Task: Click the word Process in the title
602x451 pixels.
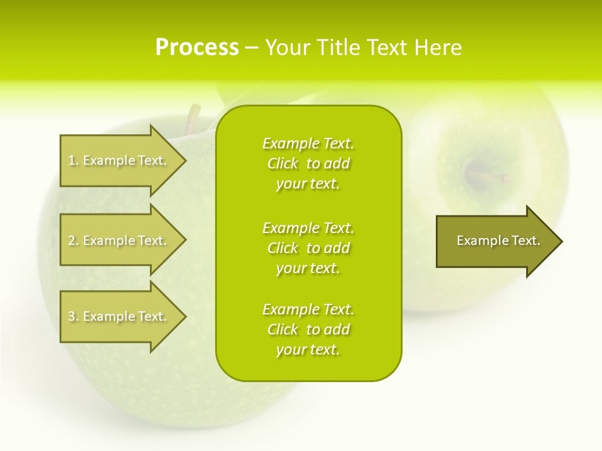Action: coord(197,48)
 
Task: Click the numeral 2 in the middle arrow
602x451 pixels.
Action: coord(71,241)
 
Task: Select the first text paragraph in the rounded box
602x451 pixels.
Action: coord(308,163)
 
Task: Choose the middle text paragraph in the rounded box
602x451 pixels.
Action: coord(308,248)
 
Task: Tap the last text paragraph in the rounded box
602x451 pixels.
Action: coord(308,329)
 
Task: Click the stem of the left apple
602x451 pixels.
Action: coord(194,119)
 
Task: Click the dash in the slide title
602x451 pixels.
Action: coord(251,48)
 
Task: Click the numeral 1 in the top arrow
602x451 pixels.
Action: coord(71,160)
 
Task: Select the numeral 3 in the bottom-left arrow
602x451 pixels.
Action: coord(71,316)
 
